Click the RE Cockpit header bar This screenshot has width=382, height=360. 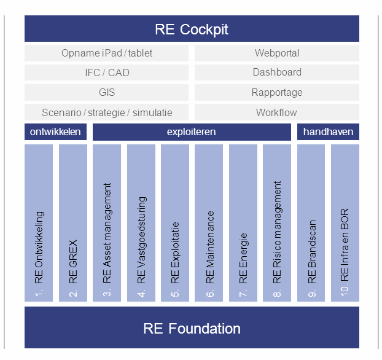tap(192, 29)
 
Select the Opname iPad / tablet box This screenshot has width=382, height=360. tap(107, 53)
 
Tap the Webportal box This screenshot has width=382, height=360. tap(277, 53)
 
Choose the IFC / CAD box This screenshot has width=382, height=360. tap(107, 72)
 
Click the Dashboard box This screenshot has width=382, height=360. tap(277, 72)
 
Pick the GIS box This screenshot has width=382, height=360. tap(107, 92)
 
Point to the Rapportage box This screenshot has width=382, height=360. tap(277, 92)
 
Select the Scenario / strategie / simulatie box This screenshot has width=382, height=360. tap(107, 112)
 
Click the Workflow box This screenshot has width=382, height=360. tap(277, 112)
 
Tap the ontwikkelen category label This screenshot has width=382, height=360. tap(56, 132)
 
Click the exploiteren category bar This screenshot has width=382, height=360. tap(192, 132)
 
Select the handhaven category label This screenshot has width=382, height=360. tap(328, 132)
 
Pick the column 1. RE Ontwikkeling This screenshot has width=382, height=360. tap(39, 222)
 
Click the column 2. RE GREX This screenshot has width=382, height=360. tap(73, 222)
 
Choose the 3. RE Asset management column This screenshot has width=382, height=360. tap(107, 222)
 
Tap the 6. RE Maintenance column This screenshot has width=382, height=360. tap(209, 222)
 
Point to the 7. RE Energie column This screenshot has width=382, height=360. tap(243, 222)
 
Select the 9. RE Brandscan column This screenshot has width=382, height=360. tap(311, 222)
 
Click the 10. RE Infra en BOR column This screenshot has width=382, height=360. tap(345, 222)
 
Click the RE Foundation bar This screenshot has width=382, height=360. tap(192, 328)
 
